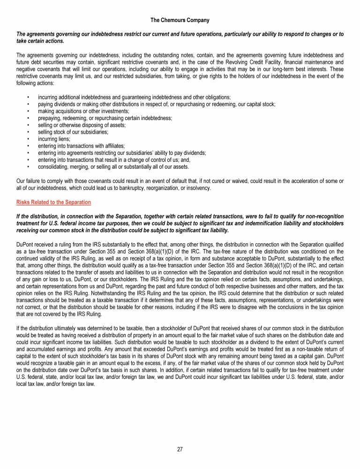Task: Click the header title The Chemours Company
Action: tap(180, 20)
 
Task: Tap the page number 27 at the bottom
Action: tap(180, 449)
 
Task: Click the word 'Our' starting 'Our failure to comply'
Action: tap(21, 181)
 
